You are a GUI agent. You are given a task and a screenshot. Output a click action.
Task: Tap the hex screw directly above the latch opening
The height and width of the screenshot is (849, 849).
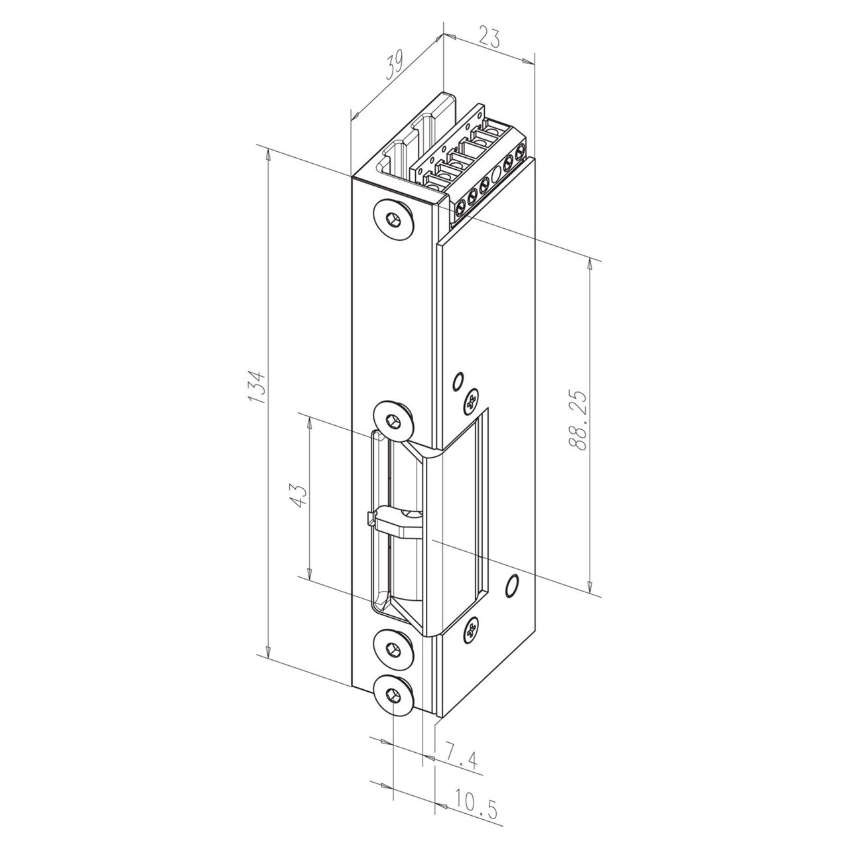pyautogui.click(x=393, y=420)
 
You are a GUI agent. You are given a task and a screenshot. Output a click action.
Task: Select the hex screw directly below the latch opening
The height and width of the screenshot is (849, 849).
pyautogui.click(x=393, y=649)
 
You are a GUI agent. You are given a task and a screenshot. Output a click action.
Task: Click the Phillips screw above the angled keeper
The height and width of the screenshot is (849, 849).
pyautogui.click(x=472, y=401)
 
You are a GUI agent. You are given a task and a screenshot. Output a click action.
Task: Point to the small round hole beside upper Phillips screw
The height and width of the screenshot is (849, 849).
pyautogui.click(x=456, y=381)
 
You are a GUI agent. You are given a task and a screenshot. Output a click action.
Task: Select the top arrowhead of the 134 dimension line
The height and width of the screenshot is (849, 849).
pyautogui.click(x=268, y=155)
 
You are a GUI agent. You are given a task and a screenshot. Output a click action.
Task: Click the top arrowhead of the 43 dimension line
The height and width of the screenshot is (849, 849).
pyautogui.click(x=309, y=423)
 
